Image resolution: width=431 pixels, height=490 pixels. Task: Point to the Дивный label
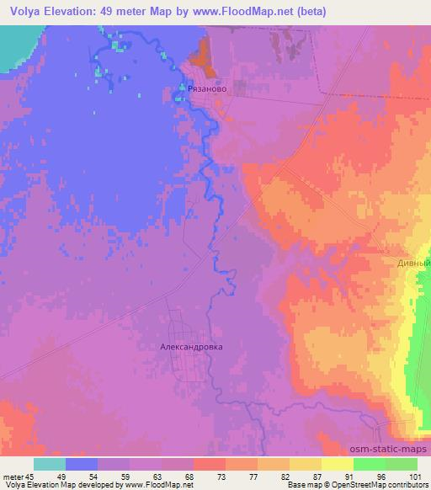pyautogui.click(x=413, y=263)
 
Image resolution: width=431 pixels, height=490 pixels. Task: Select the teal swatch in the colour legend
pyautogui.click(x=50, y=464)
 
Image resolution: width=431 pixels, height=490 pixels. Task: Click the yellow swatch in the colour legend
pyautogui.click(x=338, y=464)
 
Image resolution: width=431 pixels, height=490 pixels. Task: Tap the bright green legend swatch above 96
pyautogui.click(x=370, y=464)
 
